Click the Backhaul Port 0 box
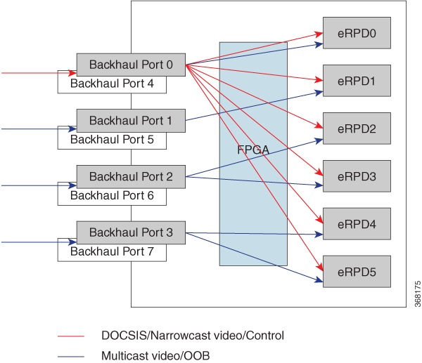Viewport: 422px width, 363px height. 131,65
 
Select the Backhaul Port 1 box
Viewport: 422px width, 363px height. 131,121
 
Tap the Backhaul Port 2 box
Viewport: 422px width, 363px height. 131,176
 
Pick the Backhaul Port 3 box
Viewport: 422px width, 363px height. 131,232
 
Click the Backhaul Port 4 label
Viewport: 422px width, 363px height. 112,84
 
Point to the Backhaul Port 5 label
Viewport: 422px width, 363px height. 112,140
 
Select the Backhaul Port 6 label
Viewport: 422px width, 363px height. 112,196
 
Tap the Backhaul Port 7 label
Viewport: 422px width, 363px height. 112,251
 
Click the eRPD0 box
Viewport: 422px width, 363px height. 357,33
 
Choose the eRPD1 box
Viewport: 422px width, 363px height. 357,81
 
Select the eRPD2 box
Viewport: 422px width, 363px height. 357,128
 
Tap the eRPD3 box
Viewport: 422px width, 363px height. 357,176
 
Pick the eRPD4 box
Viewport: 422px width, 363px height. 357,224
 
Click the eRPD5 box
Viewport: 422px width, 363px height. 357,272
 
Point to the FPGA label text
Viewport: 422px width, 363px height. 253,150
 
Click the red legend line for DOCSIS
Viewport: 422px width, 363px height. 71,336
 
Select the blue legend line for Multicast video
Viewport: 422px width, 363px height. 71,357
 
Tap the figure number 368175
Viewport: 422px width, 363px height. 417,294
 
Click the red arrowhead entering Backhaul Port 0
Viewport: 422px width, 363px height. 72,73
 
